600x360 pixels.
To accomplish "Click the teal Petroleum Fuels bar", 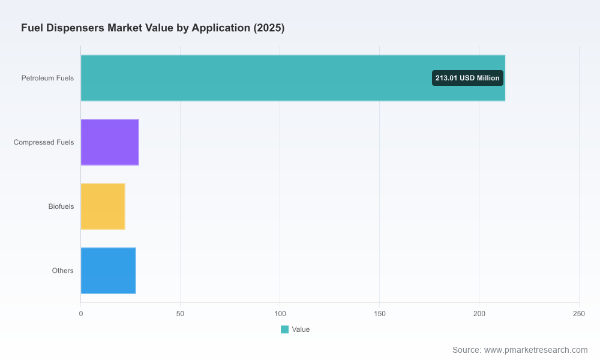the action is [x=293, y=78].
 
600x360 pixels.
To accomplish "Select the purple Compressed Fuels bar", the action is [x=110, y=142].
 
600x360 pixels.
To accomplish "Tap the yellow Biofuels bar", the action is [x=103, y=206].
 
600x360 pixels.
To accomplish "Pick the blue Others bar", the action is [x=108, y=271].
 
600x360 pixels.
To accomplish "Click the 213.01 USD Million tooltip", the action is [x=467, y=78].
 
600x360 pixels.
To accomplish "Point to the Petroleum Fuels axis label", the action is [x=47, y=78].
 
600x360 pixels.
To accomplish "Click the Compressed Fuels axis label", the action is [x=44, y=142].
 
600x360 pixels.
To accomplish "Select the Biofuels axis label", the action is [x=61, y=206].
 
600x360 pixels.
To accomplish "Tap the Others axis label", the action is [x=63, y=271].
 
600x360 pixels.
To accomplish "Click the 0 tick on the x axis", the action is [x=81, y=314].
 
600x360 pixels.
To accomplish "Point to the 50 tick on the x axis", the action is [x=180, y=314].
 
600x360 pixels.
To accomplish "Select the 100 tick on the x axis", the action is [x=280, y=314].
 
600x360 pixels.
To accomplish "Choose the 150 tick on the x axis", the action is [x=380, y=314].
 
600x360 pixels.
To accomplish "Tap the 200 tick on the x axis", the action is [x=479, y=314].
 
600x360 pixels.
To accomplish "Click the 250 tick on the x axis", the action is [x=579, y=314].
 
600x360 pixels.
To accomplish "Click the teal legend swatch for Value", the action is [x=284, y=329].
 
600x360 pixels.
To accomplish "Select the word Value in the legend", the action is [x=301, y=329].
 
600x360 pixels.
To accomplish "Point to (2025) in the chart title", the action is [x=269, y=28].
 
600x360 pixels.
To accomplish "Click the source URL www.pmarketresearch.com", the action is [x=536, y=350].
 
